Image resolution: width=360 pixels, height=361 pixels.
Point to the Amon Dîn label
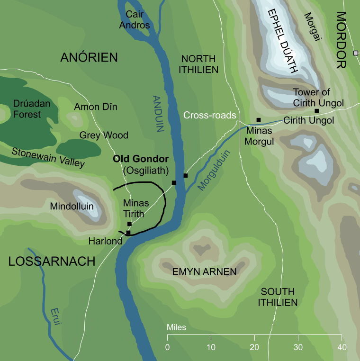pos(95,107)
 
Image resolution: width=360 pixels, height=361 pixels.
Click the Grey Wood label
pos(104,135)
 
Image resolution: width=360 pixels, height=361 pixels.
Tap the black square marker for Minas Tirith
pos(129,224)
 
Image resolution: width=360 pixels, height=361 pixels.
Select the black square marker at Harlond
pos(128,233)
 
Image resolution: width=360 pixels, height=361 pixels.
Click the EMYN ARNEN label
pos(205,271)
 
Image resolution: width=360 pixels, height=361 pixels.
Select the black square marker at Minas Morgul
pos(258,120)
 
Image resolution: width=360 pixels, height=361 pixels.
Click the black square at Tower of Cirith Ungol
pos(316,111)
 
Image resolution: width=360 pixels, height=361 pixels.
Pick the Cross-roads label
pos(210,116)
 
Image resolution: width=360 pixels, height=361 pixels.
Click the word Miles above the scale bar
pos(176,328)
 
